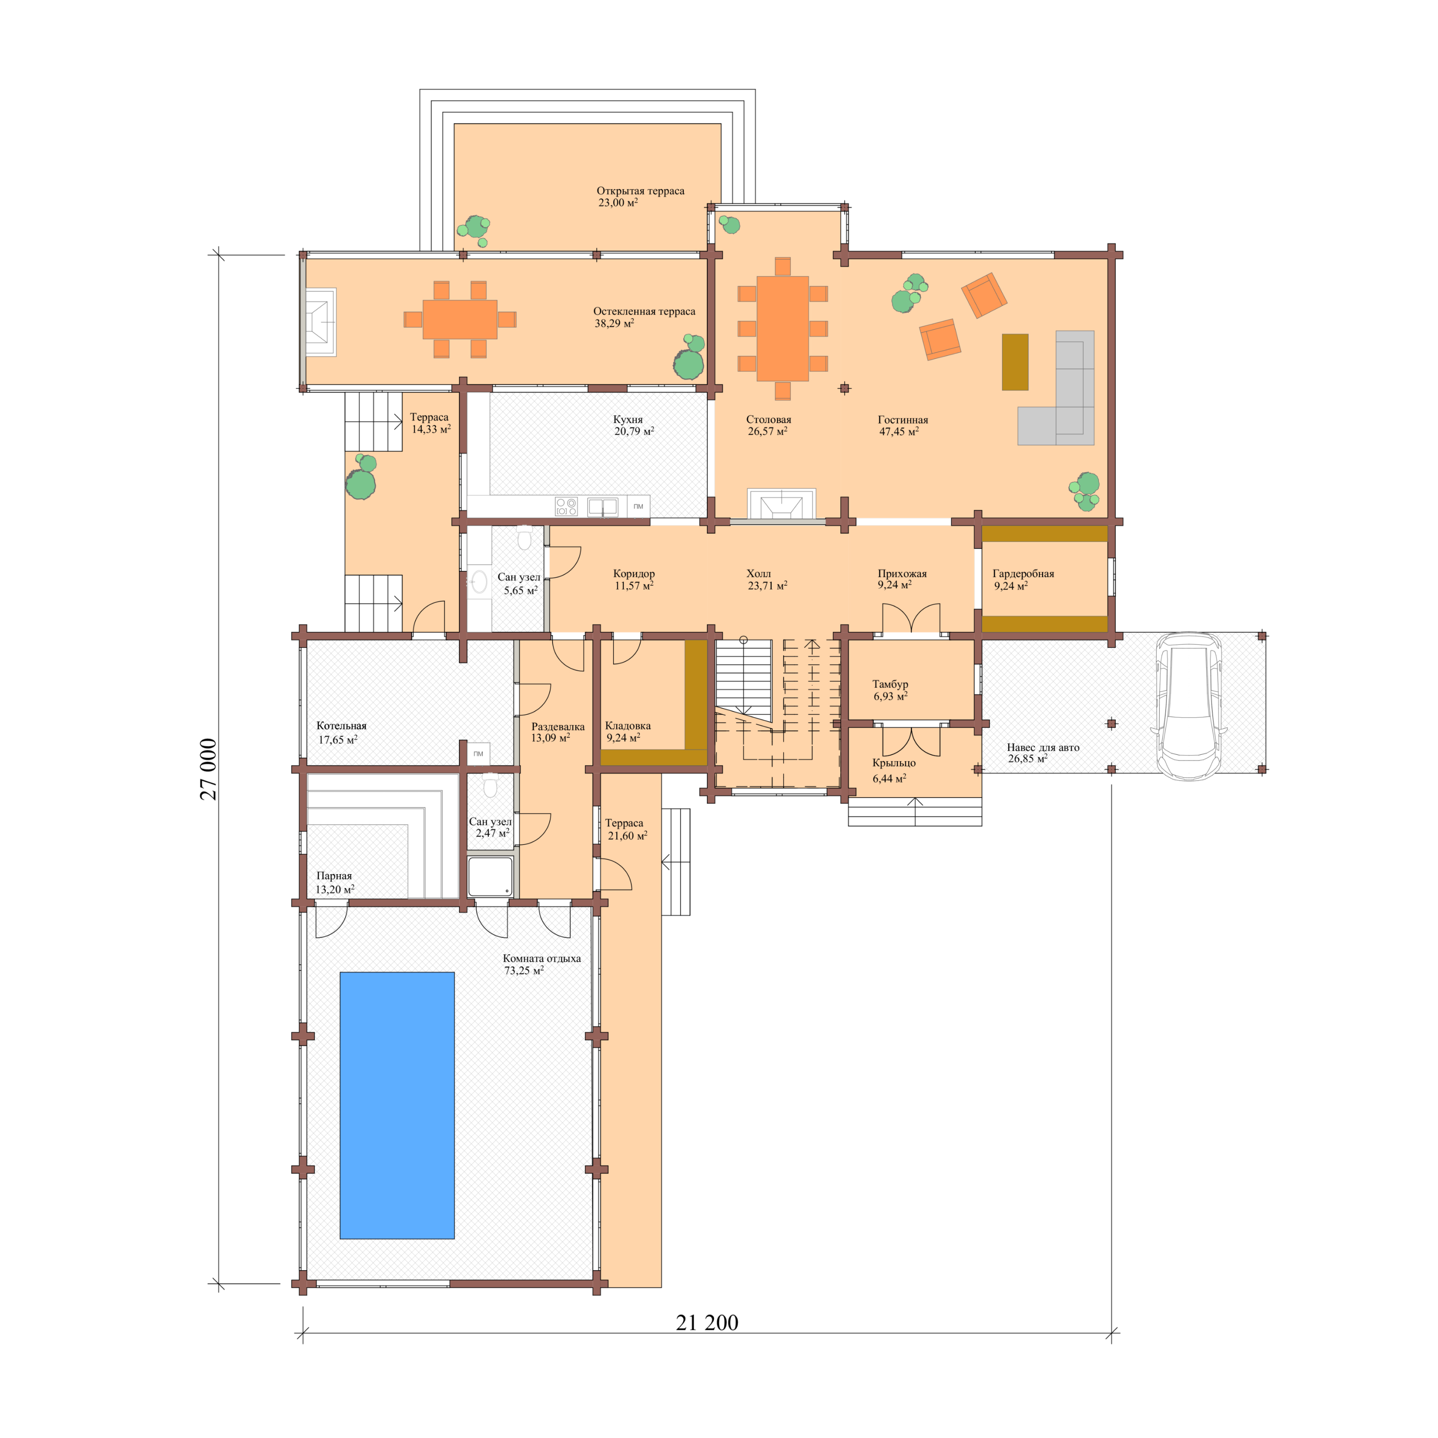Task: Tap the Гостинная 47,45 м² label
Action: pos(902,425)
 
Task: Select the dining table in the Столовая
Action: pos(782,328)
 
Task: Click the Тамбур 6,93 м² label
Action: pos(890,690)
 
